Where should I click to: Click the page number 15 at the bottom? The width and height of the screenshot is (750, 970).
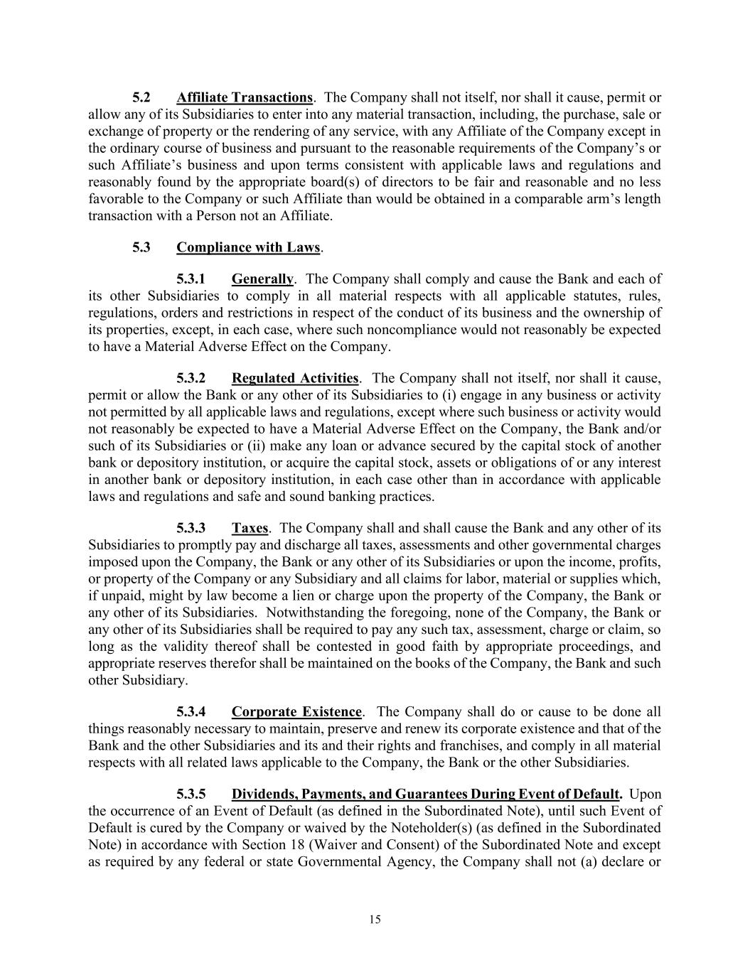375,920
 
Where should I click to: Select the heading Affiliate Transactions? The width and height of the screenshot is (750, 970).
244,97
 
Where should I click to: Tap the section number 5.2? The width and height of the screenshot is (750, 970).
141,97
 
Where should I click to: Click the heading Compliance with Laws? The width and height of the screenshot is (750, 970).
248,247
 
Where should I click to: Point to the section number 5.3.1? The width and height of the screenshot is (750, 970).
191,279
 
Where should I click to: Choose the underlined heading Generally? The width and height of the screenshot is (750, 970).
262,279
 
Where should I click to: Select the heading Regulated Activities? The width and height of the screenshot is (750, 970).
294,378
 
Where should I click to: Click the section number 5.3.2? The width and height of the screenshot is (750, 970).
191,378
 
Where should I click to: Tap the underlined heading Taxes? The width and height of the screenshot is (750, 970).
250,528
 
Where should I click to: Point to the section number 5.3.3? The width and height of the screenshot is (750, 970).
191,528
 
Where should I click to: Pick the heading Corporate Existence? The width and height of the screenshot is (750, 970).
296,712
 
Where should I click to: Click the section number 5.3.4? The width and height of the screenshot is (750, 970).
191,712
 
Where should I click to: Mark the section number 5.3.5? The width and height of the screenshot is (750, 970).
191,794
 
